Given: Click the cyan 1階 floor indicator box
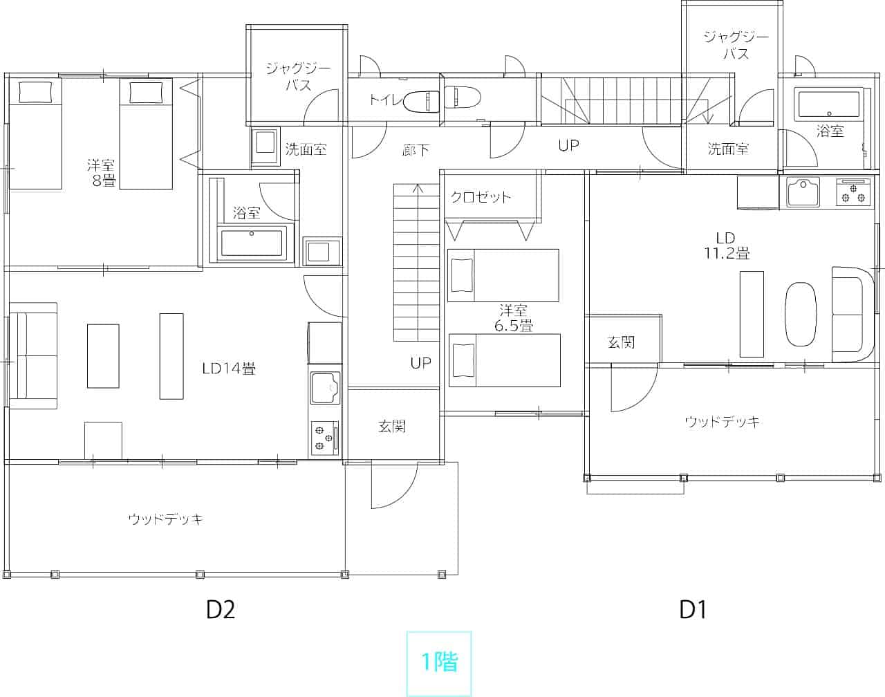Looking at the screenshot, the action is point(439,663).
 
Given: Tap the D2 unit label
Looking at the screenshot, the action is point(221,610).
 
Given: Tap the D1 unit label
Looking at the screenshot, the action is point(693,610).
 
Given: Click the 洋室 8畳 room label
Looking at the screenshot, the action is point(102,174).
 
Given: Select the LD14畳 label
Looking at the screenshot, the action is point(229,369).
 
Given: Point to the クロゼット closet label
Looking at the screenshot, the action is point(481,198).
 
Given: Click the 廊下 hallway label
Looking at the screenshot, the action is point(416,150).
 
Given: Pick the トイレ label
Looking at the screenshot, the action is point(385,99).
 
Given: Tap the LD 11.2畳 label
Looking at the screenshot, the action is point(727,245).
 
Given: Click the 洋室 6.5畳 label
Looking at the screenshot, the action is point(514,317).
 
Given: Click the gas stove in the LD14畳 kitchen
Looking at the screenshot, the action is point(324,438).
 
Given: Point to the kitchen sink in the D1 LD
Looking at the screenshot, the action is point(803,192).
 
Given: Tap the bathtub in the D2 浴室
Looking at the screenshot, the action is point(252,243).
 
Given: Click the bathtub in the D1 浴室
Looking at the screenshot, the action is point(829,104).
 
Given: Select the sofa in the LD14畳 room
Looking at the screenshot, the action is point(33,356).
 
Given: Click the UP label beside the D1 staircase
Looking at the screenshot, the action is point(569,145).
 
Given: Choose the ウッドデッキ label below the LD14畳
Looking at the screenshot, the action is point(166,519).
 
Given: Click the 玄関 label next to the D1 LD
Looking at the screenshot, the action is point(621,342).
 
